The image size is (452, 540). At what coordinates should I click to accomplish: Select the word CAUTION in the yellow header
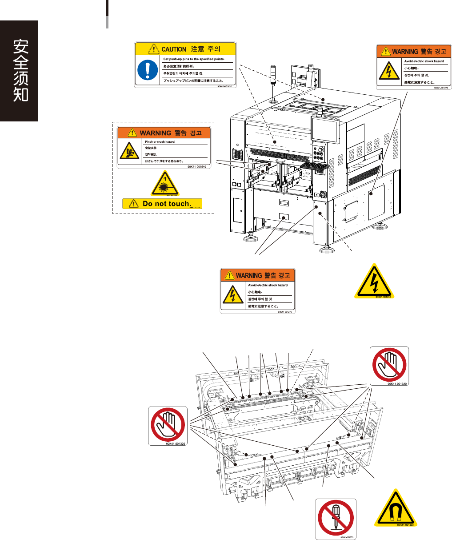173,49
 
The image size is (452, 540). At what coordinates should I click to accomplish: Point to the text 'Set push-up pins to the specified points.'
194,59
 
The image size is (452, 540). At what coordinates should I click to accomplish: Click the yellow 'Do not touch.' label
162,204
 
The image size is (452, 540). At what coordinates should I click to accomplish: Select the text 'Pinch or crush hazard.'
160,141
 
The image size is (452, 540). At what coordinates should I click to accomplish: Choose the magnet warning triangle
394,508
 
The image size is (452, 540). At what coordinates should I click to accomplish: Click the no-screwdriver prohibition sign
336,518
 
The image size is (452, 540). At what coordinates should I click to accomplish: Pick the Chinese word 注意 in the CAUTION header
197,49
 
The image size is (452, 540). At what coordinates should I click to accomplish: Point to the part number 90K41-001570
348,537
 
